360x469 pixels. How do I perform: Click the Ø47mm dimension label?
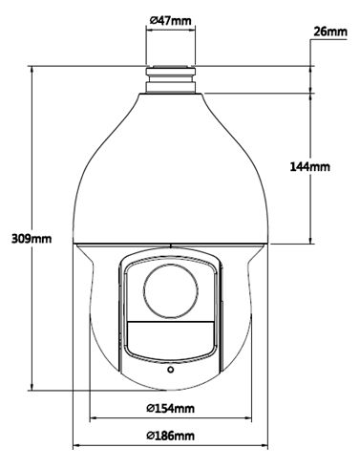[170, 21]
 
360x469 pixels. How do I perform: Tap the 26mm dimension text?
[330, 32]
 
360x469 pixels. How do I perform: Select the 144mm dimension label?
[309, 166]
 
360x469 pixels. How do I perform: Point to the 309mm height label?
[32, 238]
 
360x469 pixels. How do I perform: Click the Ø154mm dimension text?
[170, 408]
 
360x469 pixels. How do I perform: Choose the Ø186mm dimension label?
[170, 436]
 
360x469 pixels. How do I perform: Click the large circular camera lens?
[170, 290]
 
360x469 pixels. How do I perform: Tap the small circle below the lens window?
[171, 370]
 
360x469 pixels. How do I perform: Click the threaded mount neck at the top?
[170, 79]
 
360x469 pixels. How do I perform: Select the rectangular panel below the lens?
[170, 336]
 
